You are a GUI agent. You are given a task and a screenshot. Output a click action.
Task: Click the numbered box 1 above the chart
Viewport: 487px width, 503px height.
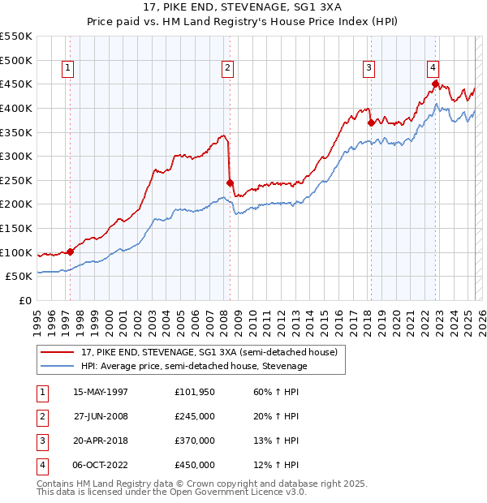[67, 69]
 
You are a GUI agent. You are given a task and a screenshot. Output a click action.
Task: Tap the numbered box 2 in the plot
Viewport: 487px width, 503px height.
[227, 69]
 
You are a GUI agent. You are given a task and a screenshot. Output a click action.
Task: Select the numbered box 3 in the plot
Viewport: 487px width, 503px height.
[368, 69]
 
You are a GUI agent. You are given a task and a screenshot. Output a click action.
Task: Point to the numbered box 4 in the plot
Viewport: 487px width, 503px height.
[433, 69]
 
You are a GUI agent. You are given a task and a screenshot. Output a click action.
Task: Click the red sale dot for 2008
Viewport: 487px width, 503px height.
[230, 183]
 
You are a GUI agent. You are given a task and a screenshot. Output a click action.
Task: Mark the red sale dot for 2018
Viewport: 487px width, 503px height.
[371, 123]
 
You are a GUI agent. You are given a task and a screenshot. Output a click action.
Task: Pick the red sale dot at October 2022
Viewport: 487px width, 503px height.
[436, 84]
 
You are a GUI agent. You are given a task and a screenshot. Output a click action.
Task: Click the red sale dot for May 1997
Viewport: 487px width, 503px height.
[71, 251]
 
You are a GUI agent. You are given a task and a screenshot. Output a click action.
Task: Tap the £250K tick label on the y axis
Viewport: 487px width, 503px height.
[16, 180]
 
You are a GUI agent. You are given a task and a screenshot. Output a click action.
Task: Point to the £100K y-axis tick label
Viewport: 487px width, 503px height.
[16, 252]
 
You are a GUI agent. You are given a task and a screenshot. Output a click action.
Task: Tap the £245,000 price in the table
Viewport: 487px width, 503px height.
[195, 416]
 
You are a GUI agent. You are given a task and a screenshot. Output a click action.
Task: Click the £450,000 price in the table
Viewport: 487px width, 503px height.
[195, 465]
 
